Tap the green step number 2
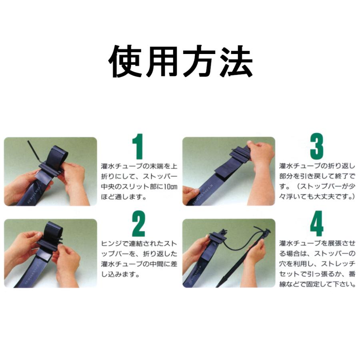click(x=138, y=227)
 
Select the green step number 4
click(x=316, y=227)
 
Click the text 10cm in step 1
click(x=169, y=186)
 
